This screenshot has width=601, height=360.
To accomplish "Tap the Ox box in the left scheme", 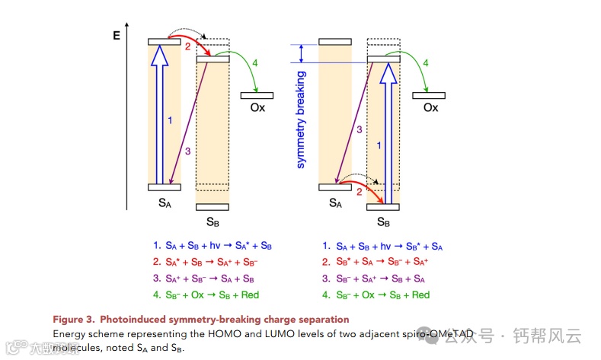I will click(257, 95).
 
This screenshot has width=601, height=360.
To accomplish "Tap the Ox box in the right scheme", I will click(429, 95).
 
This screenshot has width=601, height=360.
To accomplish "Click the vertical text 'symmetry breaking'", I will click(301, 119).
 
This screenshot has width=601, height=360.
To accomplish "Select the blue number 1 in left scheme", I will click(170, 119).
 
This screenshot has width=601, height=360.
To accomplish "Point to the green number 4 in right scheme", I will click(425, 62).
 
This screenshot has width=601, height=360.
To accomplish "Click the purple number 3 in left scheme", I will click(187, 151).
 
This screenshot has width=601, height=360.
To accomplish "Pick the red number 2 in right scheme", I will click(359, 192).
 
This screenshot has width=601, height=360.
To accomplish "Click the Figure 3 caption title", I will click(200, 319).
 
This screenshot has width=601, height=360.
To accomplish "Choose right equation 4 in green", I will click(376, 295).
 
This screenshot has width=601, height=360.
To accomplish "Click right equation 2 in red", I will click(377, 263).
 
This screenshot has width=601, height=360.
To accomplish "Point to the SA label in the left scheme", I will click(165, 202).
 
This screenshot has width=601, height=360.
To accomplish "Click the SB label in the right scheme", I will click(383, 221).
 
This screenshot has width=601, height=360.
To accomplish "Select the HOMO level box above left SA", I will click(165, 186).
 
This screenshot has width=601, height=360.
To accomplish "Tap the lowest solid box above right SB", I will click(383, 206).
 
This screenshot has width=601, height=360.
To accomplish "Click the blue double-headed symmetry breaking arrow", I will click(302, 53).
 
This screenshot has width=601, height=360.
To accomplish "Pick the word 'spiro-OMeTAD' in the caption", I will click(442, 334).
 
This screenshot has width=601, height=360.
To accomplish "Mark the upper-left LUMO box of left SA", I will click(165, 41).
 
